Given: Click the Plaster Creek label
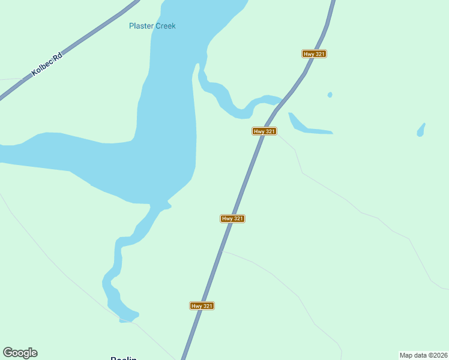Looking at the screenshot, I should tap(152, 26).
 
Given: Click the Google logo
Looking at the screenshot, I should tap(20, 353).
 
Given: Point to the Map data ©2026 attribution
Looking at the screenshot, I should tap(423, 355).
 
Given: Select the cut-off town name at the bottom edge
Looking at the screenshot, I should tap(124, 358).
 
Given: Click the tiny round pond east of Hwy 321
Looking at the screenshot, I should tap(330, 95).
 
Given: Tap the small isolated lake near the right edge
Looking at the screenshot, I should tap(421, 130).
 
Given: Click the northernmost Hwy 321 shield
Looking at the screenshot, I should tap(314, 54).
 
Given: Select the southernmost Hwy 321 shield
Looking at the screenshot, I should tap(202, 306).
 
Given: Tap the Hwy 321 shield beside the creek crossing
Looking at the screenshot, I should tap(264, 131).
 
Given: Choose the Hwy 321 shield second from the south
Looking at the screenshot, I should tap(232, 218).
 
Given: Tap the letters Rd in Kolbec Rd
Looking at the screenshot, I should tap(57, 56).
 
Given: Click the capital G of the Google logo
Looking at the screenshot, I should tap(8, 352).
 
